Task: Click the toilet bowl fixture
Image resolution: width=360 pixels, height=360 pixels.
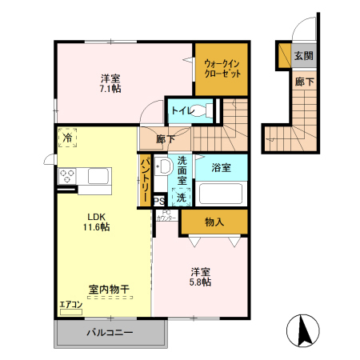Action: [203, 110]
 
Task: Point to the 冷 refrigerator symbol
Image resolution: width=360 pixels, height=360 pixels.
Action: [67, 139]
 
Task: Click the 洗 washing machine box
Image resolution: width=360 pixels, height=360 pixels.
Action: [182, 197]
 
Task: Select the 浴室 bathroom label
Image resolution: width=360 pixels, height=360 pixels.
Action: [222, 168]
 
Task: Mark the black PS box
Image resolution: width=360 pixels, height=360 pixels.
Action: [159, 201]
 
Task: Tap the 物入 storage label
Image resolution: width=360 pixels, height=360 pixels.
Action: [214, 222]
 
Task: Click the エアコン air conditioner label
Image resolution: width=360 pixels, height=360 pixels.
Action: [71, 304]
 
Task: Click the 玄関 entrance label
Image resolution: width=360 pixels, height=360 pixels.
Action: [302, 56]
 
